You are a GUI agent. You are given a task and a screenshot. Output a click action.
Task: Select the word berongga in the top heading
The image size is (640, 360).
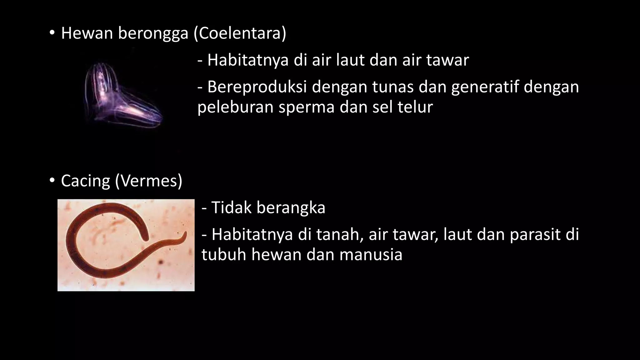pos(153,34)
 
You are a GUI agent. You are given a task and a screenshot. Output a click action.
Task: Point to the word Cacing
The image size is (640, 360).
pos(85,181)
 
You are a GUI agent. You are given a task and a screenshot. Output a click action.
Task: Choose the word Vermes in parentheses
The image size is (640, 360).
pos(148,181)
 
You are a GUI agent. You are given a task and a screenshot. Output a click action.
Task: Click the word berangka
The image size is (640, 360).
pos(291,208)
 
